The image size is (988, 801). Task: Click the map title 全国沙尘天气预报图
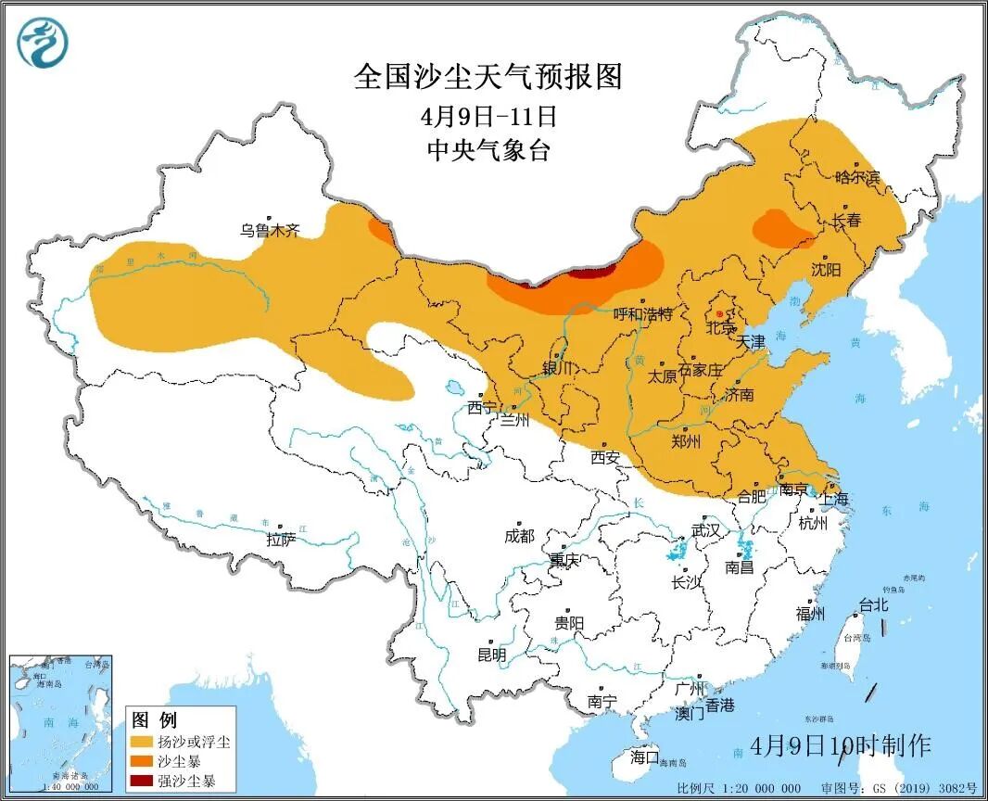click(x=488, y=77)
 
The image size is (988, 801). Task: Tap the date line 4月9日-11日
click(x=488, y=117)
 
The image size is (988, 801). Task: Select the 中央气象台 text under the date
click(x=488, y=150)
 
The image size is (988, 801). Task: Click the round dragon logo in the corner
click(x=43, y=43)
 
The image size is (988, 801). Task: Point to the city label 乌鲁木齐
click(x=270, y=230)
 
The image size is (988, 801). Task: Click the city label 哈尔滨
click(x=856, y=176)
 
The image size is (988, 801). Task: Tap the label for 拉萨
click(x=281, y=539)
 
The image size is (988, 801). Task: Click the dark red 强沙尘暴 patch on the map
click(x=590, y=273)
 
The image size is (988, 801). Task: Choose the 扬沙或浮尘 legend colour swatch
click(x=142, y=742)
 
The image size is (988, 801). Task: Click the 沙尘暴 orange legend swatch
click(x=142, y=761)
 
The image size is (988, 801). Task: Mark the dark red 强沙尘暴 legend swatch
click(x=142, y=781)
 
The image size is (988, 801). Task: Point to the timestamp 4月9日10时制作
click(x=841, y=744)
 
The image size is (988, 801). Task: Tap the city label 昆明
click(x=491, y=655)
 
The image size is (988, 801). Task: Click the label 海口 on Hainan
click(x=644, y=756)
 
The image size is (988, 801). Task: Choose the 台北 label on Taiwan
click(x=874, y=604)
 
